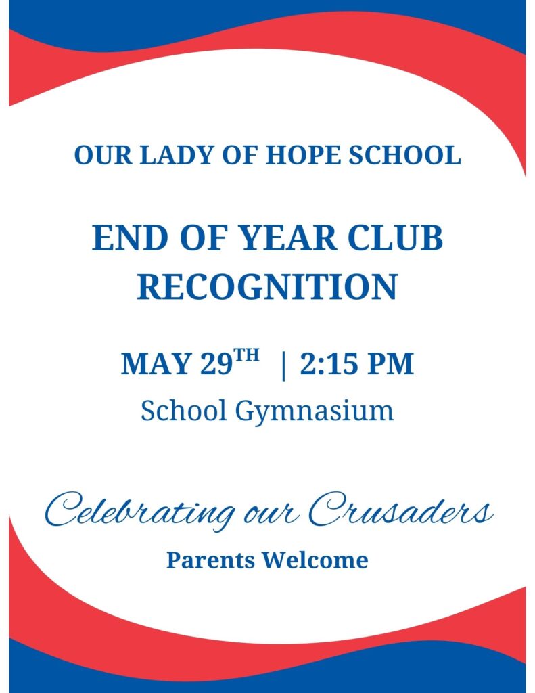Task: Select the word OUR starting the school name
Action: [x=103, y=155]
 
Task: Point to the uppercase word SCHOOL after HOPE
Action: [x=404, y=155]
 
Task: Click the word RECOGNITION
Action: [x=267, y=286]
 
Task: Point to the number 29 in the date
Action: [x=216, y=363]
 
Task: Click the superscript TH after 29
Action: [x=246, y=356]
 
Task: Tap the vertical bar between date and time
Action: [x=283, y=366]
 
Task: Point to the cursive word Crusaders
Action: [x=400, y=510]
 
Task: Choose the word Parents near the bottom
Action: [x=211, y=560]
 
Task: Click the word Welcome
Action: [x=315, y=560]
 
